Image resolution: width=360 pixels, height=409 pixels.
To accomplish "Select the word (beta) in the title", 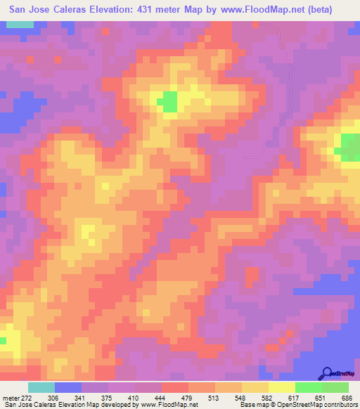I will [333, 10].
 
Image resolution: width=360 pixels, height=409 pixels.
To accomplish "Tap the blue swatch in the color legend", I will [67, 387].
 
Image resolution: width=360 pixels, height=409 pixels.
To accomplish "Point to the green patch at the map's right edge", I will [350, 146].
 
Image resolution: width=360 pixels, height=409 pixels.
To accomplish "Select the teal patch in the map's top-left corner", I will [21, 25].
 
